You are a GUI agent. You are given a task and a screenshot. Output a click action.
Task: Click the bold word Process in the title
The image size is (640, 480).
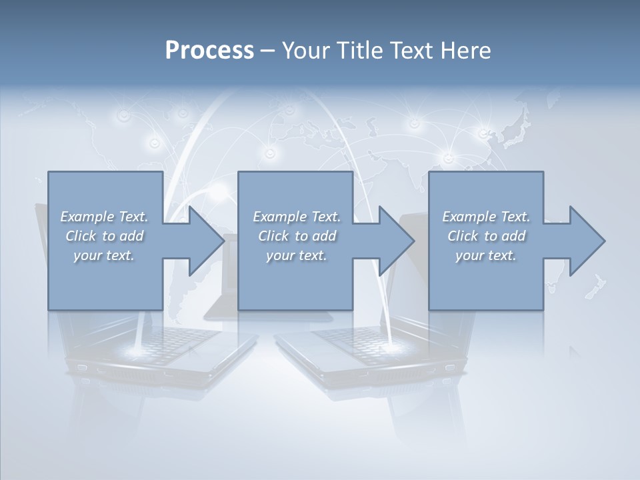pyautogui.click(x=209, y=51)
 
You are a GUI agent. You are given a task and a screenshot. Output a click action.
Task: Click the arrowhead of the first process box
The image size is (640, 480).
pyautogui.click(x=204, y=241)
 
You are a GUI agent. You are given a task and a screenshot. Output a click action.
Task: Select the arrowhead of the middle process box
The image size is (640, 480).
pyautogui.click(x=394, y=241)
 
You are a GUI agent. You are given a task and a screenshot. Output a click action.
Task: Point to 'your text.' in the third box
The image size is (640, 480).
pyautogui.click(x=485, y=255)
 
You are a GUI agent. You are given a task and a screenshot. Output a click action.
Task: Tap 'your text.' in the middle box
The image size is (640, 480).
pyautogui.click(x=295, y=255)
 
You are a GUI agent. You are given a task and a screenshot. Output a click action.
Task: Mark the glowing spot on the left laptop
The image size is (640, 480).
pyautogui.click(x=137, y=349)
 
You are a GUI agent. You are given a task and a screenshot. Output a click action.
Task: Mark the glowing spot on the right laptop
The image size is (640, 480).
pyautogui.click(x=388, y=347)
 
